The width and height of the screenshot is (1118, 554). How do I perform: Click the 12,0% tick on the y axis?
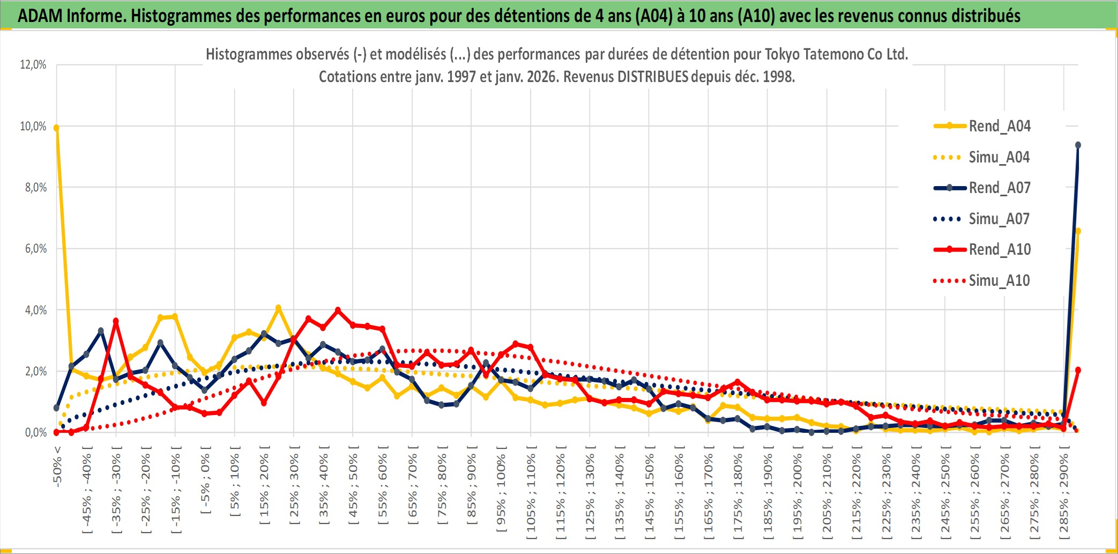click(x=33, y=65)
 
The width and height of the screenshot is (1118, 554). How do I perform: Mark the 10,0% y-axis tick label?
click(x=33, y=127)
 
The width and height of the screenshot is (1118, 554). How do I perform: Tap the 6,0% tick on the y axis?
click(x=35, y=249)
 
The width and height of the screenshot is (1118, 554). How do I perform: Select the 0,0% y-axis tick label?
click(x=35, y=432)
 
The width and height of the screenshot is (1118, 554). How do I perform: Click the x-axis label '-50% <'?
click(x=57, y=466)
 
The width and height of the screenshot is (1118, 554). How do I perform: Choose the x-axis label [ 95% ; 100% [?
click(x=501, y=488)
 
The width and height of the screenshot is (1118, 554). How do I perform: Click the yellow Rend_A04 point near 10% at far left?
click(x=56, y=128)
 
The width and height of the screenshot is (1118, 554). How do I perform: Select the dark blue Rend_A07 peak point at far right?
click(x=1078, y=145)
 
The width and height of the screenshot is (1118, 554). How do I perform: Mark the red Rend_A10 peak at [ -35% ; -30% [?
click(x=116, y=321)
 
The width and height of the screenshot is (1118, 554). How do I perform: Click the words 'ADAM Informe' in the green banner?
click(x=71, y=16)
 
